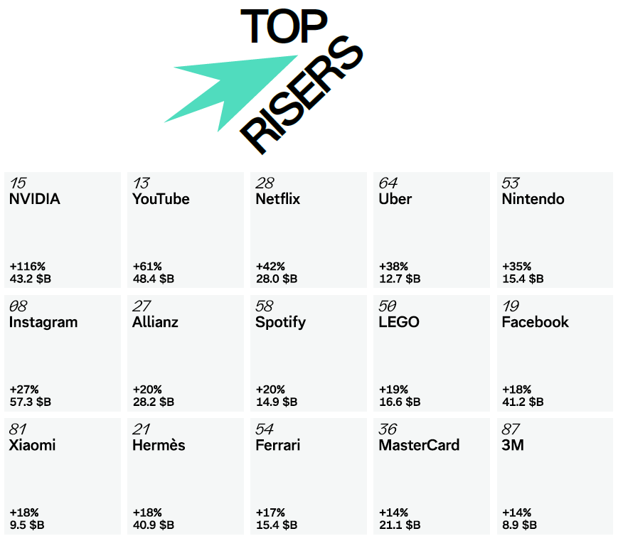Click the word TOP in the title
(284, 26)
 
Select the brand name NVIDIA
(35, 199)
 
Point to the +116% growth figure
(28, 266)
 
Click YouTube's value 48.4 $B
(154, 279)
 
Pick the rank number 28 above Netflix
(265, 183)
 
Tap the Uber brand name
(395, 199)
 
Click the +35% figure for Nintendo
(516, 266)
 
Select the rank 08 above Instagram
(18, 306)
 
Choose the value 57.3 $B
(30, 402)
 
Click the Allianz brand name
(155, 322)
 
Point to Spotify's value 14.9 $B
(277, 402)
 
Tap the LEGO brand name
(399, 322)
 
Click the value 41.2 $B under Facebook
(523, 402)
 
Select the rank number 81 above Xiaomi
(18, 429)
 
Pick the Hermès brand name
(159, 445)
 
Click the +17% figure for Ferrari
(270, 513)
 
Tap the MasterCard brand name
(419, 445)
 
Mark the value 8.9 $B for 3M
(519, 525)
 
